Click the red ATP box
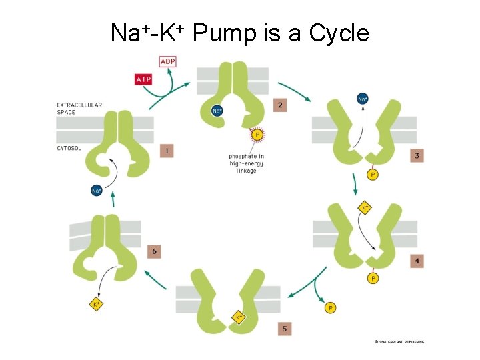click(143, 79)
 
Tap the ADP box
click(168, 62)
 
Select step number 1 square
click(166, 151)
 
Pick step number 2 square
click(280, 105)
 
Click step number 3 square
click(417, 156)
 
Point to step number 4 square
click(417, 261)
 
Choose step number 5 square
click(284, 329)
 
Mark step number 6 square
click(154, 251)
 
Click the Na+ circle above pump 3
click(362, 99)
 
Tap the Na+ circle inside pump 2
click(217, 111)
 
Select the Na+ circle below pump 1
click(97, 191)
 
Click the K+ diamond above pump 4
click(365, 208)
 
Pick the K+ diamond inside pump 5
click(239, 317)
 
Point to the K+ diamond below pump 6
click(96, 304)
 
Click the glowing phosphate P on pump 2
click(257, 135)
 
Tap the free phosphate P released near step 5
click(330, 307)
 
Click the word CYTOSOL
click(69, 148)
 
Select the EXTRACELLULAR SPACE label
click(79, 109)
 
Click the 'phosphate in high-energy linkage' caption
click(246, 164)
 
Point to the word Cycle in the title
click(339, 32)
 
